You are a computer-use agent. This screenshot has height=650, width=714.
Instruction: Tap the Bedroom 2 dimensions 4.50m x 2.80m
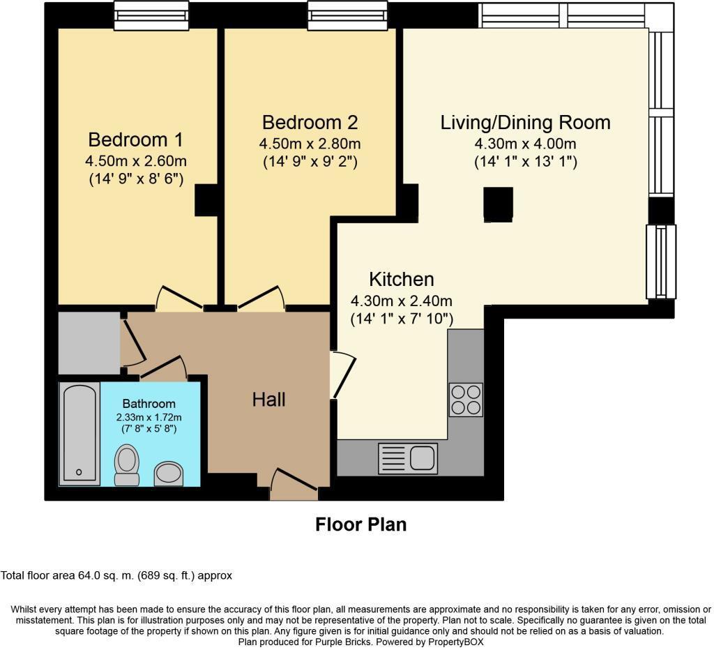click(310, 144)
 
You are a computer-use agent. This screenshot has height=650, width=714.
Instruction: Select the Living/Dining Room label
click(525, 123)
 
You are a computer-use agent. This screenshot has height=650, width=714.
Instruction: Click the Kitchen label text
click(401, 280)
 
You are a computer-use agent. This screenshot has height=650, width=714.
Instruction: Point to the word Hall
click(268, 400)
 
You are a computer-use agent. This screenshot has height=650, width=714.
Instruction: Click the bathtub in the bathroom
click(78, 434)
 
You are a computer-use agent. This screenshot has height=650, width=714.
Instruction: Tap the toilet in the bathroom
click(126, 464)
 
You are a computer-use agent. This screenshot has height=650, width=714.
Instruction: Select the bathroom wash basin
click(168, 474)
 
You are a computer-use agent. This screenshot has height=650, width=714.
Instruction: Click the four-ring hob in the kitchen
click(465, 400)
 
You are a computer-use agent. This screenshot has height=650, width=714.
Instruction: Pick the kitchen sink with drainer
click(408, 458)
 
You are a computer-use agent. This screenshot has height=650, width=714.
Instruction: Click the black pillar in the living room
click(499, 203)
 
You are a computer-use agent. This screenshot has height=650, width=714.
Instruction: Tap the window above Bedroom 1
click(151, 15)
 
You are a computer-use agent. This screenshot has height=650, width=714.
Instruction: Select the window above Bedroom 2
click(347, 15)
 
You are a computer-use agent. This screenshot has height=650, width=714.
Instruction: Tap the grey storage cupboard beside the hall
click(89, 343)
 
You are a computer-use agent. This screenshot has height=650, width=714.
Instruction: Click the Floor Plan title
click(360, 524)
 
